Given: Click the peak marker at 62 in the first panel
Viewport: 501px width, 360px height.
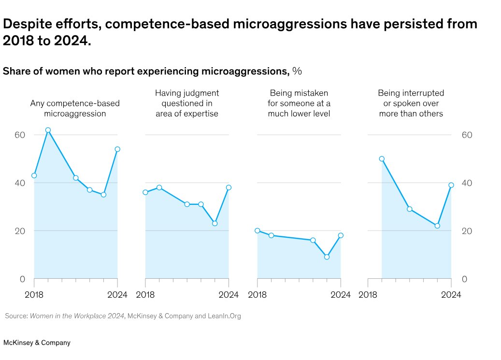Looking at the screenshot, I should [48, 130].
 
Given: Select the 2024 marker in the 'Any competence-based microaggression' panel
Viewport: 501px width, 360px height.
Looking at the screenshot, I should [117, 149].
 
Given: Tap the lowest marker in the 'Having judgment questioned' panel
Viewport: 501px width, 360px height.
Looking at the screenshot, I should [215, 223].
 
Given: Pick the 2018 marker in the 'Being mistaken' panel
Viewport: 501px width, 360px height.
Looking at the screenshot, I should [258, 230].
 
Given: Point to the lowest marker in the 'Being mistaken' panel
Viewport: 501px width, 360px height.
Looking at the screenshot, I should [327, 257].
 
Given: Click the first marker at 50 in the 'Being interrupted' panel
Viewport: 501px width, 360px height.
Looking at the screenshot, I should [382, 158].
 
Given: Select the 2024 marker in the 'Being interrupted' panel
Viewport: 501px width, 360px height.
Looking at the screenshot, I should [451, 185].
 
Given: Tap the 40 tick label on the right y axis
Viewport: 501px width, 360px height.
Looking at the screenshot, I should [466, 183].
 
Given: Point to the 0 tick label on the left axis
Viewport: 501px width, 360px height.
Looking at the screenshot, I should [22, 279].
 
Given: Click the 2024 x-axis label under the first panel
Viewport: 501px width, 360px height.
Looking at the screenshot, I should [117, 295].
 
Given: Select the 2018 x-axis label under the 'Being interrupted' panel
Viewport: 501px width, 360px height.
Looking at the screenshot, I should [368, 295].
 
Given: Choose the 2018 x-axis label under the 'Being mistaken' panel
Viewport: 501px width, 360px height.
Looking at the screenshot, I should [258, 295].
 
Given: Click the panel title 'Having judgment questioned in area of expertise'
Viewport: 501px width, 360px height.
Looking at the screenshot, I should [187, 103].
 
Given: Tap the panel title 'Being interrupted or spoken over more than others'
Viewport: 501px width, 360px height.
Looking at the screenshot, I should [411, 103].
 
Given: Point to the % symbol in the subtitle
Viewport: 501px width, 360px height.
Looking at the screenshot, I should [297, 72].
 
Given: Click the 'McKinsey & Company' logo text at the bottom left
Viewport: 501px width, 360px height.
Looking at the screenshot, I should [37, 343].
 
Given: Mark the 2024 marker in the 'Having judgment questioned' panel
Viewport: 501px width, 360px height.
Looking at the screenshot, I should [229, 187].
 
